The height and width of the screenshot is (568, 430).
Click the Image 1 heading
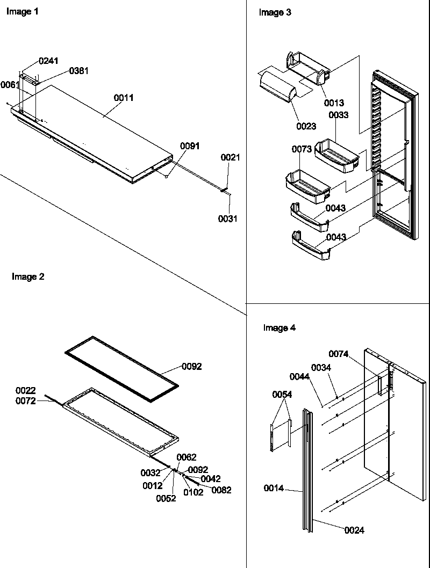(x=22, y=12)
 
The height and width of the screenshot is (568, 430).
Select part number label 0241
(x=48, y=61)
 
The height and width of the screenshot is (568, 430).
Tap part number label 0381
(x=79, y=71)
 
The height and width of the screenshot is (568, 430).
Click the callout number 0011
(x=124, y=98)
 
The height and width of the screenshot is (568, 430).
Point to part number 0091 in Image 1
(x=190, y=145)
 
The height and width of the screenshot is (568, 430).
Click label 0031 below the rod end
(x=228, y=219)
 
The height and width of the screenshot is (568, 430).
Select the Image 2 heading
(x=28, y=277)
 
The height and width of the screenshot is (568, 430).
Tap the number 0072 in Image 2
(x=25, y=401)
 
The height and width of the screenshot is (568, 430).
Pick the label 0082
(x=221, y=490)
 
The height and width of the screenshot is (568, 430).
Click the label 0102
(x=193, y=492)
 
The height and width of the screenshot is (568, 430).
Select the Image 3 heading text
(x=275, y=12)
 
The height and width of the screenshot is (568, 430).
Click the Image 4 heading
(x=279, y=327)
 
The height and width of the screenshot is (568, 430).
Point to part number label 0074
(x=339, y=353)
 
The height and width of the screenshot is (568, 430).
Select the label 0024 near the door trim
(x=354, y=530)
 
